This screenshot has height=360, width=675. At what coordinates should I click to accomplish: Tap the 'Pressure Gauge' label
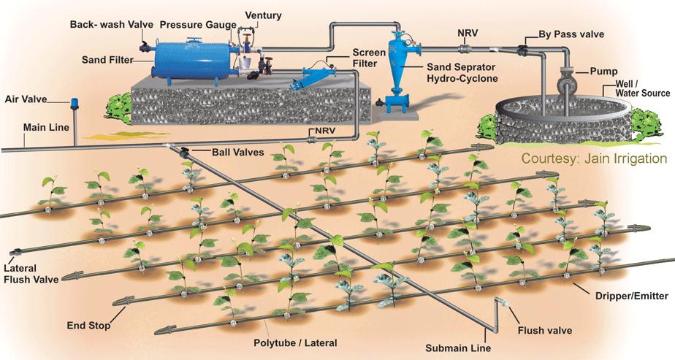[193, 25]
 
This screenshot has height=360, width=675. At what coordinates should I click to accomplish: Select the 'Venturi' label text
[263, 15]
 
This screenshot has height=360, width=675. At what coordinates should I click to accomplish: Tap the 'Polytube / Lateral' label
[295, 341]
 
